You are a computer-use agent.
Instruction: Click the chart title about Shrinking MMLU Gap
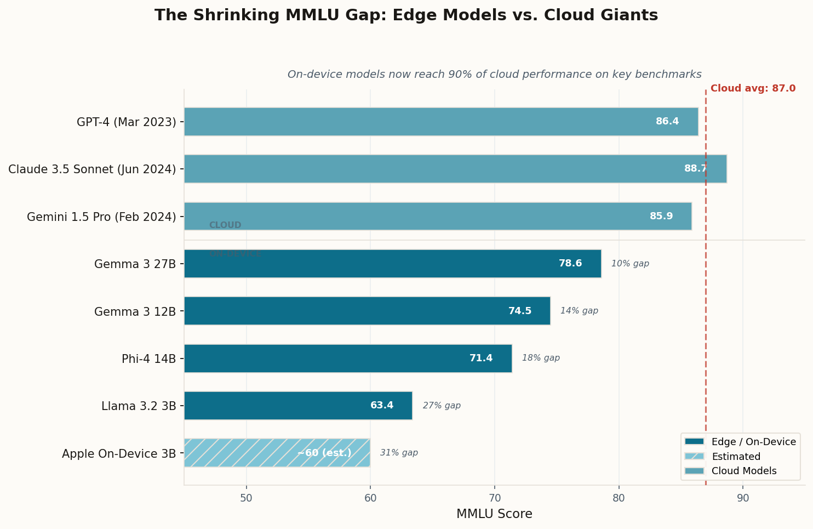(x=406, y=15)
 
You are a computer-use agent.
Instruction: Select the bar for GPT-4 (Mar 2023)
(x=441, y=122)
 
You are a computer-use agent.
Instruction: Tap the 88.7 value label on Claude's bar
(x=695, y=169)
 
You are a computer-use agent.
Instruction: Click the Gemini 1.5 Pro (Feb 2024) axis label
(x=101, y=217)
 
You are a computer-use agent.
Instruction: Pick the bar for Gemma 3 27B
(x=392, y=264)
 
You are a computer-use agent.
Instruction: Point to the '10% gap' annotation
(x=630, y=264)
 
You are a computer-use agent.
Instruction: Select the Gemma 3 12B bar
(x=367, y=311)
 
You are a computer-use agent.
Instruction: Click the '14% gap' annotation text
(x=579, y=311)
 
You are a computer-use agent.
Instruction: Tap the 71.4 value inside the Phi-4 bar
(x=481, y=359)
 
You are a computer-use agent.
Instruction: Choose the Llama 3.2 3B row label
(x=139, y=406)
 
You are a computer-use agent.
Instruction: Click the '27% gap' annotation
(x=442, y=406)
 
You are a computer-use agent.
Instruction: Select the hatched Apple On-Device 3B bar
(x=277, y=453)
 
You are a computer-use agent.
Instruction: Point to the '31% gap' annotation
(x=399, y=453)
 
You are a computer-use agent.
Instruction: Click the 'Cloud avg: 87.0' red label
(x=753, y=89)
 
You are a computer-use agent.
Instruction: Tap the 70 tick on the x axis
(x=495, y=498)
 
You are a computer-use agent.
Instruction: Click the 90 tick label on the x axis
(x=743, y=498)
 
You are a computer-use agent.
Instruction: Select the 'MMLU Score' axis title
(x=494, y=514)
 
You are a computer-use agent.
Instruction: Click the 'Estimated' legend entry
(x=736, y=457)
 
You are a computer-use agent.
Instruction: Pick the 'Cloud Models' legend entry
(x=743, y=471)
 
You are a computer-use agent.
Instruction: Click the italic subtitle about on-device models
(x=494, y=75)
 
